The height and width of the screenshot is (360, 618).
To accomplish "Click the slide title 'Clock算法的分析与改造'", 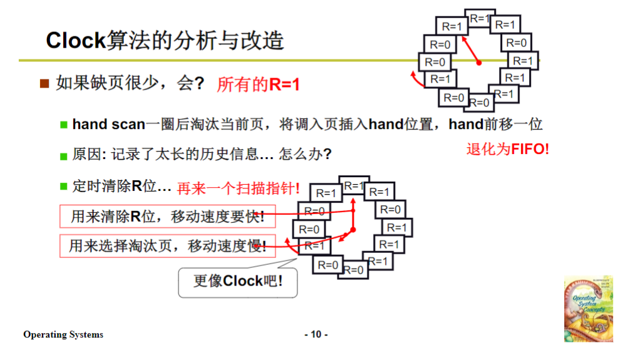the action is pyautogui.click(x=165, y=41).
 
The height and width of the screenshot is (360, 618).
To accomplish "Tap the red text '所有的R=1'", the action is pyautogui.click(x=258, y=85).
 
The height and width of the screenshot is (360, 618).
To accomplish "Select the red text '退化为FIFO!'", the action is pyautogui.click(x=508, y=150).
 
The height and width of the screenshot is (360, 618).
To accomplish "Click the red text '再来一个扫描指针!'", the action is pyautogui.click(x=238, y=188).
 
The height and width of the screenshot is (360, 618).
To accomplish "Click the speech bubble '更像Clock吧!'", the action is pyautogui.click(x=237, y=281).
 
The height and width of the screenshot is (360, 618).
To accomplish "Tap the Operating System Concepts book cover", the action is pyautogui.click(x=588, y=309).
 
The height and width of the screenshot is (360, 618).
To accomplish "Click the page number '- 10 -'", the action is pyautogui.click(x=316, y=334).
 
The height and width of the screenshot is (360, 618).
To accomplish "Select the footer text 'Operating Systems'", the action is pyautogui.click(x=63, y=334).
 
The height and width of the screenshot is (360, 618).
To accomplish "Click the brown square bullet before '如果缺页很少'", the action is pyautogui.click(x=44, y=84).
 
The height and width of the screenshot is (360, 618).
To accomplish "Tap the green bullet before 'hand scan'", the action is pyautogui.click(x=63, y=125).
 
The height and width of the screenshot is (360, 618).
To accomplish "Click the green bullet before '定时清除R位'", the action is pyautogui.click(x=63, y=186).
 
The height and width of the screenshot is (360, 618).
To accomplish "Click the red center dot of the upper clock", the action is pyautogui.click(x=479, y=63).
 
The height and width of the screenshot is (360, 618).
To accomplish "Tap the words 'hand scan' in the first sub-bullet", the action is pyautogui.click(x=108, y=124).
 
